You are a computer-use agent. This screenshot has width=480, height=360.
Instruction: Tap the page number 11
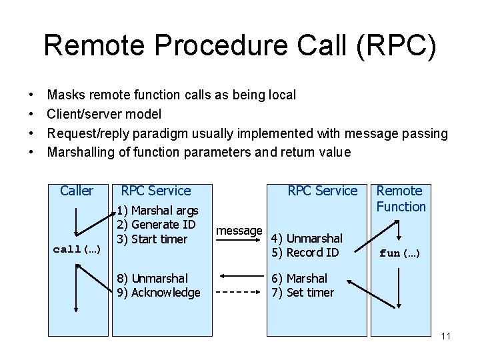[x=446, y=336]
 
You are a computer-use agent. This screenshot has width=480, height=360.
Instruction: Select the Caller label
[x=77, y=191]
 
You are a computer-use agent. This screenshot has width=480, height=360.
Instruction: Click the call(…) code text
[x=76, y=249]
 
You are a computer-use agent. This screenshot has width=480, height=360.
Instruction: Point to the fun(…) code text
[x=399, y=253]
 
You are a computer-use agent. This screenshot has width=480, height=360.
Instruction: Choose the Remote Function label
[x=400, y=199]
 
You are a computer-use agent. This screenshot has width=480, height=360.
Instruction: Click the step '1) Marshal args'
[x=157, y=211]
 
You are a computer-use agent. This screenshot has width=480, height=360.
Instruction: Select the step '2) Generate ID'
[x=156, y=225]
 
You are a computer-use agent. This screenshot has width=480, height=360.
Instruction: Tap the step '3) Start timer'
[x=151, y=239]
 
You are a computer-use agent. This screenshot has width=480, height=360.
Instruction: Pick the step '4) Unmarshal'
[x=306, y=238]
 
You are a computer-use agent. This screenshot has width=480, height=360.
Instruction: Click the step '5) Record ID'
[x=305, y=252]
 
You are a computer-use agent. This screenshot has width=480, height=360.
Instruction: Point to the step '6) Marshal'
[x=299, y=278]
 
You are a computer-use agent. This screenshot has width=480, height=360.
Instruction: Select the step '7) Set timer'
[x=302, y=292]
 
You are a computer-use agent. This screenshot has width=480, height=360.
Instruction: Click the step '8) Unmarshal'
[x=152, y=278]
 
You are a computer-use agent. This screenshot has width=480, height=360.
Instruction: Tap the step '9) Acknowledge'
[x=158, y=292]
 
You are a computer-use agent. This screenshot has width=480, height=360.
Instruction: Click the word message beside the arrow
[x=239, y=231]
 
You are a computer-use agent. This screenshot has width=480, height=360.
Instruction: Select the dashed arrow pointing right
[x=239, y=291]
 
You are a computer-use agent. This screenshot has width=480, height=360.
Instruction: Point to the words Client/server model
[x=104, y=114]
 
